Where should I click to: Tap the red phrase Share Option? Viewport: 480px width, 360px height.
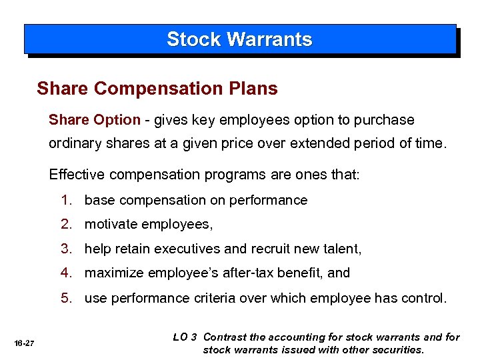pyautogui.click(x=94, y=121)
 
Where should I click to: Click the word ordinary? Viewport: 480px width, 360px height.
pyautogui.click(x=73, y=143)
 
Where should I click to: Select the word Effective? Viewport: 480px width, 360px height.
pyautogui.click(x=74, y=175)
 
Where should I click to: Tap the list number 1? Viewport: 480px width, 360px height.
pyautogui.click(x=65, y=201)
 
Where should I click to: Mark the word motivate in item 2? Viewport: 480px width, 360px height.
pyautogui.click(x=109, y=225)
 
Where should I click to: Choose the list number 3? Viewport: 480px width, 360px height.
pyautogui.click(x=65, y=249)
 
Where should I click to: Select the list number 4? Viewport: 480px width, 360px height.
pyautogui.click(x=65, y=273)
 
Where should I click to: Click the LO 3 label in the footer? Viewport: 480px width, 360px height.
pyautogui.click(x=185, y=337)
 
